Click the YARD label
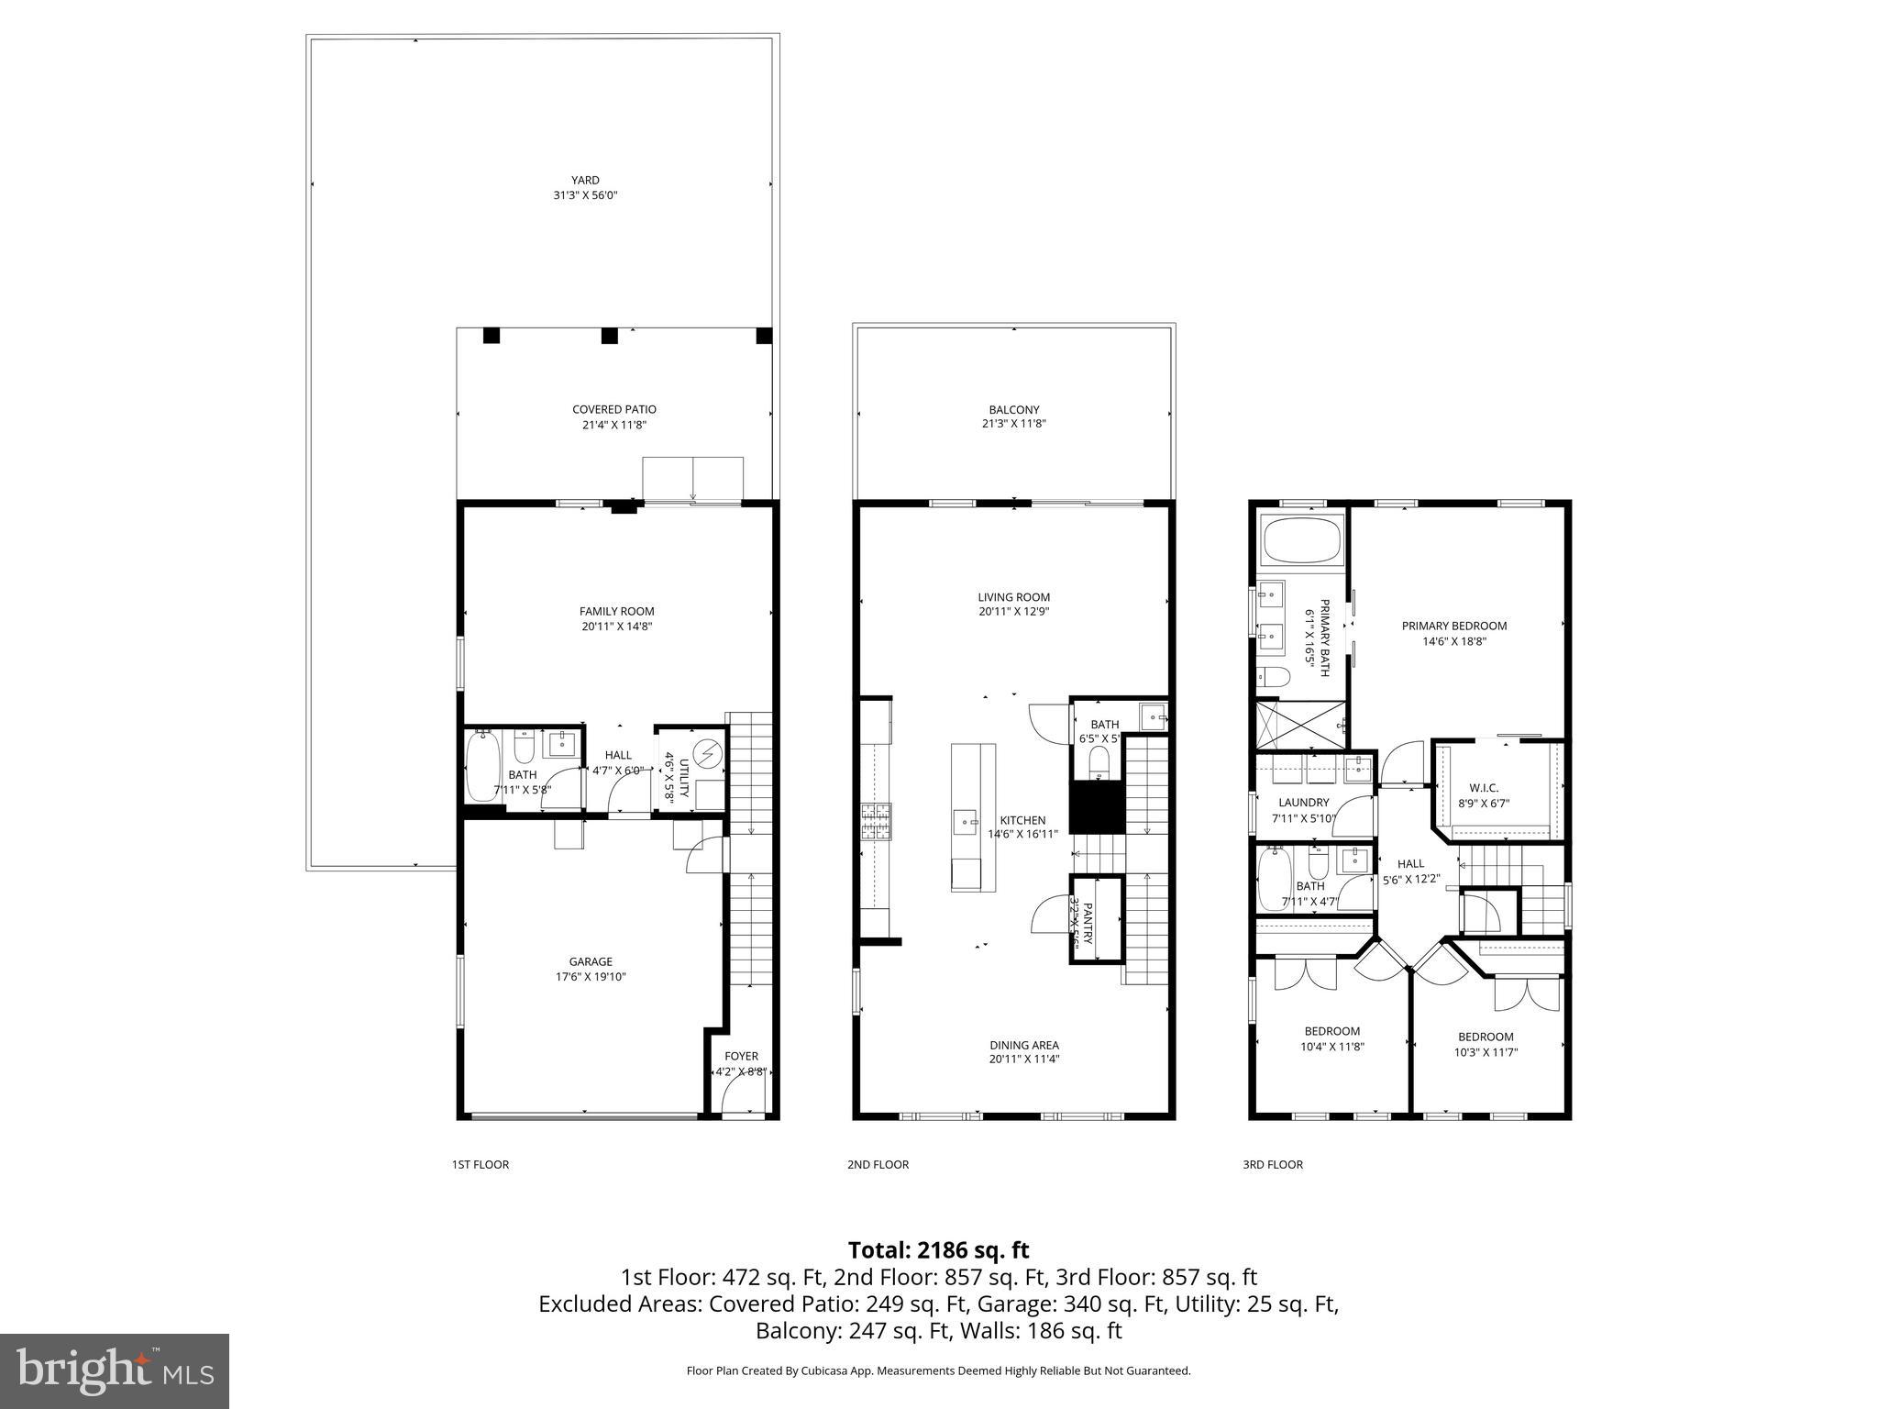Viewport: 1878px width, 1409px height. [585, 181]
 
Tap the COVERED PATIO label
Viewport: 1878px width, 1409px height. [613, 410]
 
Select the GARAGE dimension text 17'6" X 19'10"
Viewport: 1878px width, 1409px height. [591, 977]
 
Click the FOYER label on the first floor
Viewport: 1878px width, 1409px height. [741, 1056]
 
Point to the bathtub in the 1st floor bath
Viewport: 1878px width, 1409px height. [482, 765]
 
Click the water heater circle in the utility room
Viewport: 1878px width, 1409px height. [707, 754]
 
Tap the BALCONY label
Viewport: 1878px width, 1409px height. [1013, 410]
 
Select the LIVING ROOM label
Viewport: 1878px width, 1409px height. [1013, 597]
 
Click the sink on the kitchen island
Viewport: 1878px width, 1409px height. [965, 821]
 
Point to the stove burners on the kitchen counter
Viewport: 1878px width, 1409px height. [874, 822]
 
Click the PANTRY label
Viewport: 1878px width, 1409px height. [1088, 922]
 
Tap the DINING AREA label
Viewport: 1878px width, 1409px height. [1023, 1045]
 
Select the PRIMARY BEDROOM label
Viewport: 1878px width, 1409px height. [1453, 627]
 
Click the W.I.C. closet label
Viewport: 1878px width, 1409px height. [1483, 788]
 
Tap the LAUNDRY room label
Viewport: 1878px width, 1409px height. [1303, 803]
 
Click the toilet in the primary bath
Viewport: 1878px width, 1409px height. [1276, 677]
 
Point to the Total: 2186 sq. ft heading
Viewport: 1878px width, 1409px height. [938, 1250]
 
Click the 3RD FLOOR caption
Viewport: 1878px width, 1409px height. [1272, 1165]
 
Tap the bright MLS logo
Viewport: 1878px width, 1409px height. [115, 1370]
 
